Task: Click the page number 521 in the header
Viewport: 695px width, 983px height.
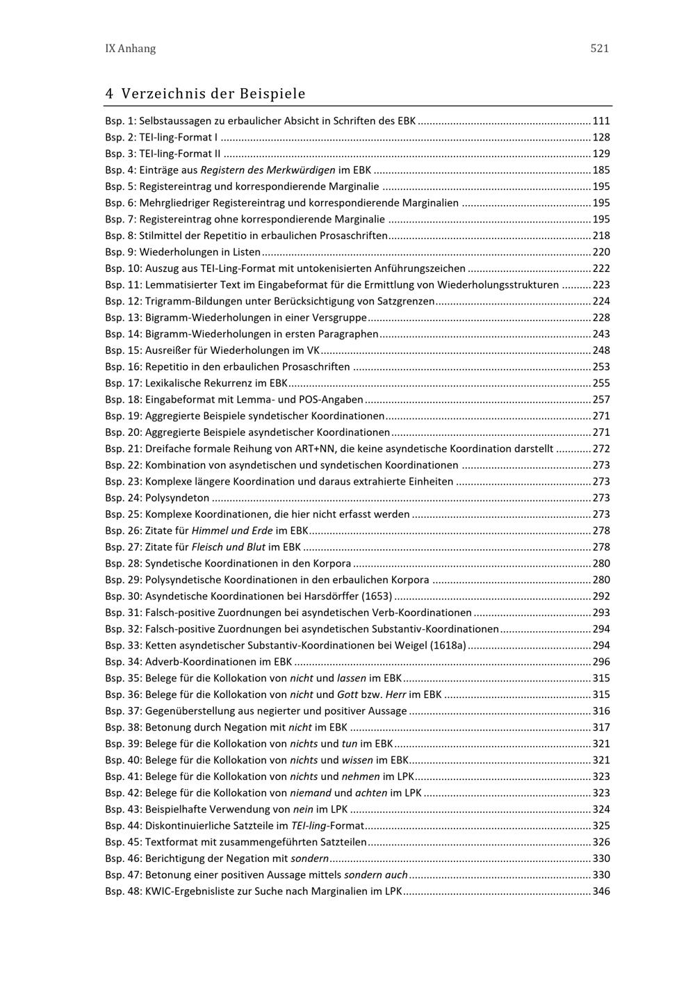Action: point(599,49)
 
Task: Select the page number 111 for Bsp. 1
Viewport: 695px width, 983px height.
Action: point(601,121)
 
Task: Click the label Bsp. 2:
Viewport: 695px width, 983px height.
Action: point(120,138)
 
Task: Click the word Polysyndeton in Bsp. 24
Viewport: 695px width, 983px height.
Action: point(177,498)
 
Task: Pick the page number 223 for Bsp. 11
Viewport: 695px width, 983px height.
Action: point(601,285)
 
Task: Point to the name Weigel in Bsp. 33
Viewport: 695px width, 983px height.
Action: point(411,646)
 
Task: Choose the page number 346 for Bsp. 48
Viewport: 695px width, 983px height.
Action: point(601,891)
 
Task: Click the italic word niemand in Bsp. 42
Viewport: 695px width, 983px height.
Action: point(310,793)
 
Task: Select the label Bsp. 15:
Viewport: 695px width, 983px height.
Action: point(123,350)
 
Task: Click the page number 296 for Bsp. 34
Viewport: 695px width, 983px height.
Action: point(601,662)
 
